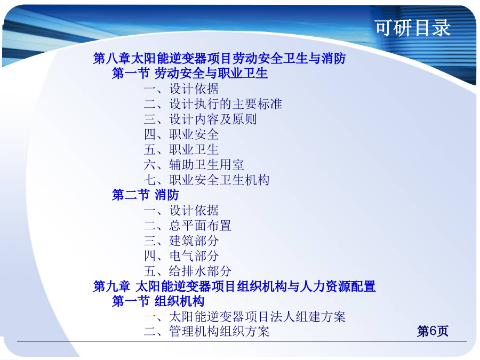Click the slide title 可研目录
coord(413,28)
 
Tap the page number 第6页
coord(432,331)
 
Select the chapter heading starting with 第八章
coord(220,58)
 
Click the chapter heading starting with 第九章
coord(234,286)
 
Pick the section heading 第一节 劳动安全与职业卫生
coord(190,73)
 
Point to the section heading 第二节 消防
coord(146,195)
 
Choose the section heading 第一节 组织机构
coord(158,301)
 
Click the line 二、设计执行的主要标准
coord(213,104)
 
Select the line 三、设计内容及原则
coord(200,119)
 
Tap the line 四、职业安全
coord(181,134)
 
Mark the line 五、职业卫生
coord(181,149)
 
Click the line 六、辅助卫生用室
coord(194,165)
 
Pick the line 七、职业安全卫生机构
coord(206,180)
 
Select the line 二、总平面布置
coord(188,226)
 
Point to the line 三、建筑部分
coord(181,241)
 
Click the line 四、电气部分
coord(181,256)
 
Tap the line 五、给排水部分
coord(188,271)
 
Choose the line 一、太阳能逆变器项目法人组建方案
coord(245,316)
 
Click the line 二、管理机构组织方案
coord(206,332)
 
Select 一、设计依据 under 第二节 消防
coord(181,210)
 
